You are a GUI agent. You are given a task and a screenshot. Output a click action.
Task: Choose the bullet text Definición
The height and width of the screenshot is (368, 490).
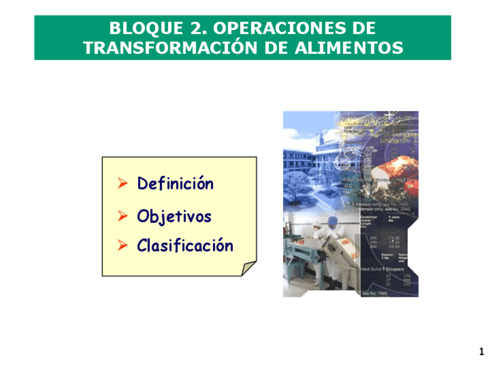tap(175, 184)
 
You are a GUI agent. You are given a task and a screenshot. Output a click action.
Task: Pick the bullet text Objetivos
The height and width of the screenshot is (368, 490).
tap(174, 217)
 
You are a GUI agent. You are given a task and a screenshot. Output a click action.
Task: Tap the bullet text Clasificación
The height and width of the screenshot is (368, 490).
tap(185, 246)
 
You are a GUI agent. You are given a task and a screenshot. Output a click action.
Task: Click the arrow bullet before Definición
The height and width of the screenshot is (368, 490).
tap(122, 184)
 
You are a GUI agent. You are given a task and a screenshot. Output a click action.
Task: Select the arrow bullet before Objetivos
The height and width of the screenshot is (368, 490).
tap(122, 216)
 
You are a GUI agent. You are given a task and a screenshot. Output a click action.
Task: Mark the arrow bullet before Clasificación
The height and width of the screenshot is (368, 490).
tap(122, 246)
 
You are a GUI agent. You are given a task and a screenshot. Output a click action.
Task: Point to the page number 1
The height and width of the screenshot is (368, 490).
tap(481, 352)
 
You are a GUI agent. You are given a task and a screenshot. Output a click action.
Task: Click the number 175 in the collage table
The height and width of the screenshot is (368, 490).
tap(407, 276)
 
